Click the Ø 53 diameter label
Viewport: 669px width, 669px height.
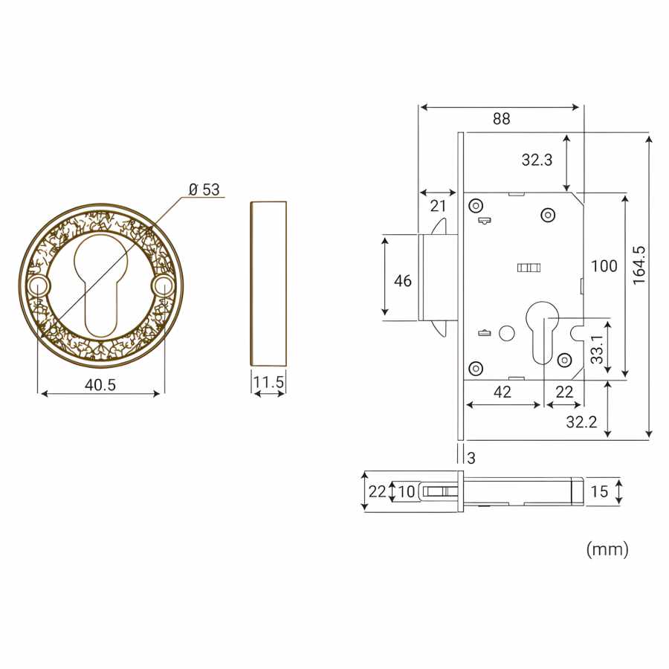204,190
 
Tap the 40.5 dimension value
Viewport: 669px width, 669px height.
100,385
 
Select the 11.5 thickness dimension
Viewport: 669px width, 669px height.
268,382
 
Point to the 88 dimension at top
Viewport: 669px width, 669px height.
501,119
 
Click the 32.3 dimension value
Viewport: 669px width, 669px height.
537,160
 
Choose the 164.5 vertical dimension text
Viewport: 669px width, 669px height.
639,265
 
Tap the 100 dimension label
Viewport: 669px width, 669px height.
604,266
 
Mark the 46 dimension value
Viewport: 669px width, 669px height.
403,281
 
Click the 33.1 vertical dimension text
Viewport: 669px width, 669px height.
598,349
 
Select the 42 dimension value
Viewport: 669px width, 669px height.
502,392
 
